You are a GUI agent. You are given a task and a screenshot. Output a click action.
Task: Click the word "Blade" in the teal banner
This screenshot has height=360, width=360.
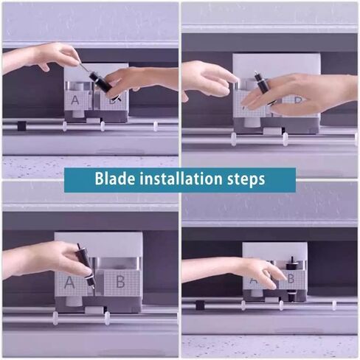[x=115, y=179]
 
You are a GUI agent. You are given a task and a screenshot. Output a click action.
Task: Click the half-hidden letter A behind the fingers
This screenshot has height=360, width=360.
[x=253, y=280]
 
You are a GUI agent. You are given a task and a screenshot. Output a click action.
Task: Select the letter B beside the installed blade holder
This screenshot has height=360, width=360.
[x=291, y=279]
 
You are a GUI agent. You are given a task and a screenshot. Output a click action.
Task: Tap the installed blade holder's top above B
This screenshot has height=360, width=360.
[x=292, y=263]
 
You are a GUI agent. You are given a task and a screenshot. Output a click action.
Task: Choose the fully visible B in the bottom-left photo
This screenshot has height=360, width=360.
[x=120, y=283]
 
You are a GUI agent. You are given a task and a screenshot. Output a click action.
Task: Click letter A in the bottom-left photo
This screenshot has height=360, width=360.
[x=69, y=283]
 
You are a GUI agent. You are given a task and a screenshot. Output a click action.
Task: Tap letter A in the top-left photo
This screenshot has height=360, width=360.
[x=75, y=100]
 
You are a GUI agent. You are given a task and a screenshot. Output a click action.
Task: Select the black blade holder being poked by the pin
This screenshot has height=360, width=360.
[x=101, y=83]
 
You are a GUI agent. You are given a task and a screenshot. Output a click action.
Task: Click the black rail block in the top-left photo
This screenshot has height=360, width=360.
[x=21, y=125]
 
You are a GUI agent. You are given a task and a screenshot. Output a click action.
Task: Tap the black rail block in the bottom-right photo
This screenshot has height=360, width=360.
[x=200, y=305]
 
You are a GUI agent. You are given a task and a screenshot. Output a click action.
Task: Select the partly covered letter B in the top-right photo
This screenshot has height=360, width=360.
[x=297, y=100]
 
